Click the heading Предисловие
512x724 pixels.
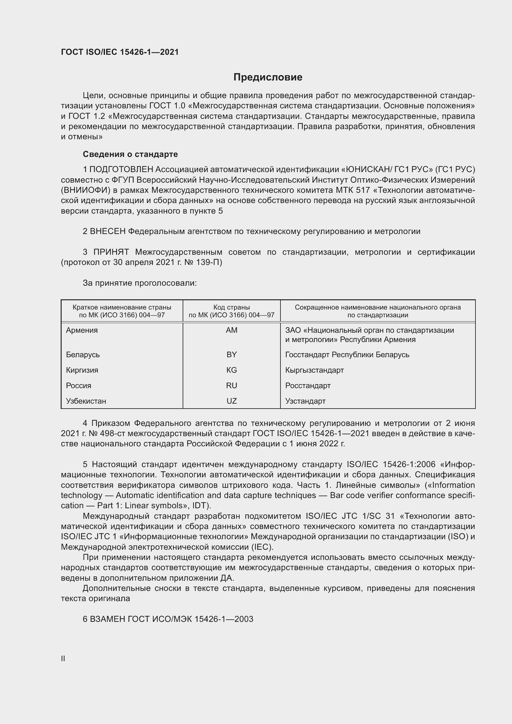(268, 77)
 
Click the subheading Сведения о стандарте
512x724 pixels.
(130, 154)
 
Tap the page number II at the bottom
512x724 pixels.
(63, 658)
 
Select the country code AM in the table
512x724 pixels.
(232, 330)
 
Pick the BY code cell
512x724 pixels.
(232, 355)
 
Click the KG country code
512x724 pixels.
(232, 370)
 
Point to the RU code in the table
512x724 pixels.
(232, 386)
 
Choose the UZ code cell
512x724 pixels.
(232, 401)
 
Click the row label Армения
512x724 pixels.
(82, 330)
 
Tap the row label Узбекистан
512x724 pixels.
(86, 401)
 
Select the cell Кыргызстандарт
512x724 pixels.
(314, 370)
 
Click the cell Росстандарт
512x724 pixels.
(308, 386)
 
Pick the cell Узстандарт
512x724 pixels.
(305, 401)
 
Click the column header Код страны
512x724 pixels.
(232, 307)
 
